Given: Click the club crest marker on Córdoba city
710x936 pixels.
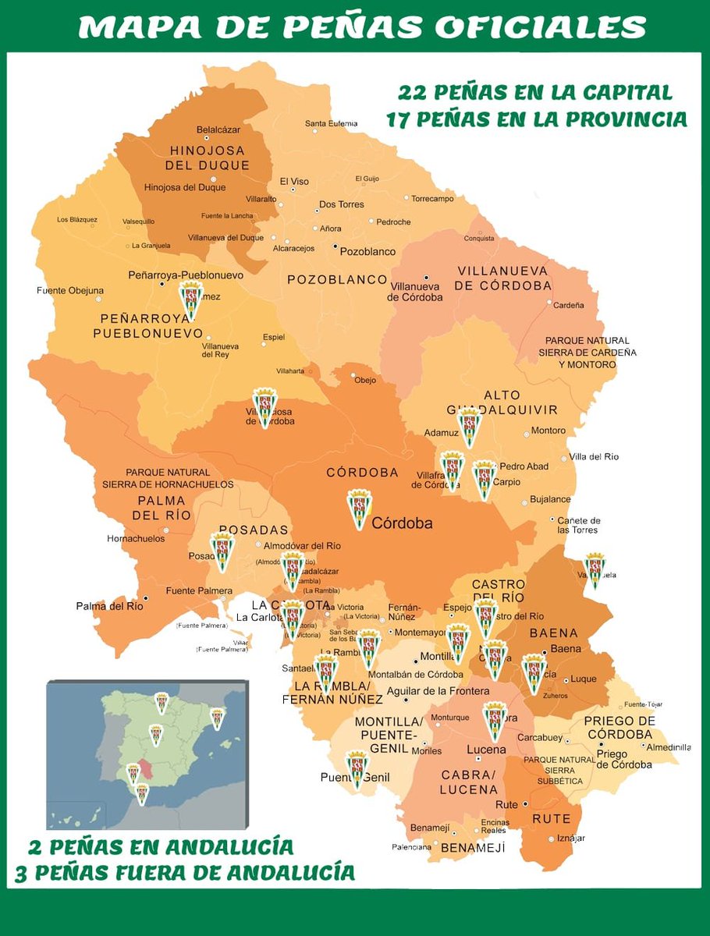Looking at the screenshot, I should [x=359, y=509].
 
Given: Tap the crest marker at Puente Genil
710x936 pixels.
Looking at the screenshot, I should [x=357, y=769].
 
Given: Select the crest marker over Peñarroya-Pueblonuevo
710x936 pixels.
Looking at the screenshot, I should [x=191, y=301].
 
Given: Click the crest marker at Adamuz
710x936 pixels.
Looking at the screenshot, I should [x=469, y=427].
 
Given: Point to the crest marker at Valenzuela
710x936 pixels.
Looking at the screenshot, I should [x=595, y=570].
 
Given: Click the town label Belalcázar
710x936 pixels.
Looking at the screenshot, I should [x=218, y=129].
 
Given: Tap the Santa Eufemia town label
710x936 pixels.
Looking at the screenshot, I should [x=331, y=123].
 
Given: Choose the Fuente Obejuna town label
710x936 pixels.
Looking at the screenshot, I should [x=70, y=291].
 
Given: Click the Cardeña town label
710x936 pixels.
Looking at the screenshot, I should [x=568, y=306].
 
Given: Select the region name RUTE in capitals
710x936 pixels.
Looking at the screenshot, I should [x=552, y=819].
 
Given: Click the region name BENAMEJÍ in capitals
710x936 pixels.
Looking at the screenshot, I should [x=473, y=847].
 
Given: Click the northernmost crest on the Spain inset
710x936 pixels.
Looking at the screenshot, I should [x=162, y=703].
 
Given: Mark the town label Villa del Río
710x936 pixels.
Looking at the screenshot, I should [x=594, y=456].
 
